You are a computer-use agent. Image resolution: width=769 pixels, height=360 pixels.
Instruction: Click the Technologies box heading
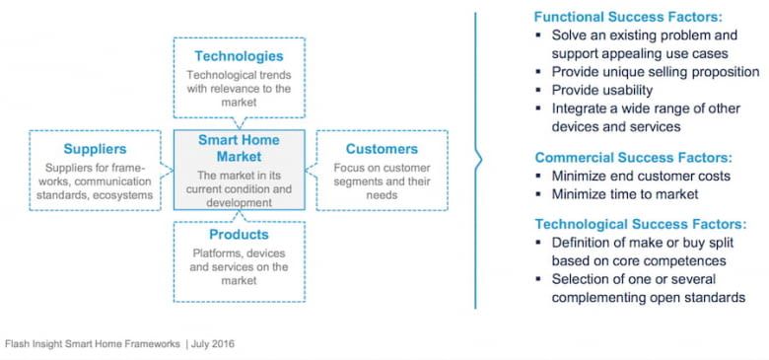(239, 56)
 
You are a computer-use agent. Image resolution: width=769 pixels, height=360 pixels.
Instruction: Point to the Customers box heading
(382, 149)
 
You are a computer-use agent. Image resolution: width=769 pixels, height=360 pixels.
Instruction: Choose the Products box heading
(239, 235)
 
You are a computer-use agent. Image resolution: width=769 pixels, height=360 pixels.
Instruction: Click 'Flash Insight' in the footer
(35, 344)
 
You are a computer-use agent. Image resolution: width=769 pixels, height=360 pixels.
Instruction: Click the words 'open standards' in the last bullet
(700, 298)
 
